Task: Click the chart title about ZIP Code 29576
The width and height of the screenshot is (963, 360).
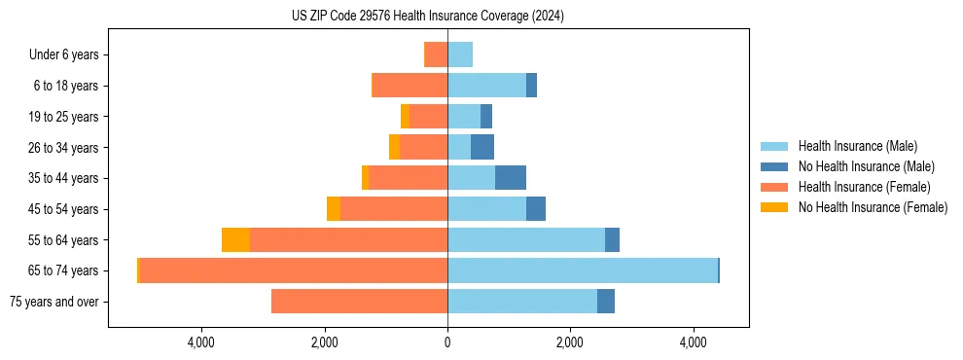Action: [x=428, y=17]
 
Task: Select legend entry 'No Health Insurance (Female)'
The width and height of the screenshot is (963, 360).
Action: [x=873, y=207]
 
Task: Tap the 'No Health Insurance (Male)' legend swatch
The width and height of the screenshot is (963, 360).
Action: [x=774, y=166]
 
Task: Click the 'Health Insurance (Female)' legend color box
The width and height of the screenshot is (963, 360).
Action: [x=774, y=187]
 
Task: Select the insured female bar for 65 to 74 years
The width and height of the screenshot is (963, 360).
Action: [x=293, y=270]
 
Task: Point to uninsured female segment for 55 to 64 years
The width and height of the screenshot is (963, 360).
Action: [x=235, y=239]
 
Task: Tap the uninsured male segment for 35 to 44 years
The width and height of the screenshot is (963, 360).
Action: [x=511, y=178]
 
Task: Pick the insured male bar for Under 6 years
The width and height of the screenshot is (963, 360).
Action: [x=460, y=54]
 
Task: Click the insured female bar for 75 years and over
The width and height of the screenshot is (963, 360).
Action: [x=359, y=302]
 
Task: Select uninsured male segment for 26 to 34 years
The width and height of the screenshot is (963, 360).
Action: [x=482, y=147]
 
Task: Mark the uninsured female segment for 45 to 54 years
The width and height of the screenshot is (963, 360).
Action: [x=334, y=209]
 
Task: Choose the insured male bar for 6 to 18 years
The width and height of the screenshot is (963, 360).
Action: [x=486, y=86]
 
